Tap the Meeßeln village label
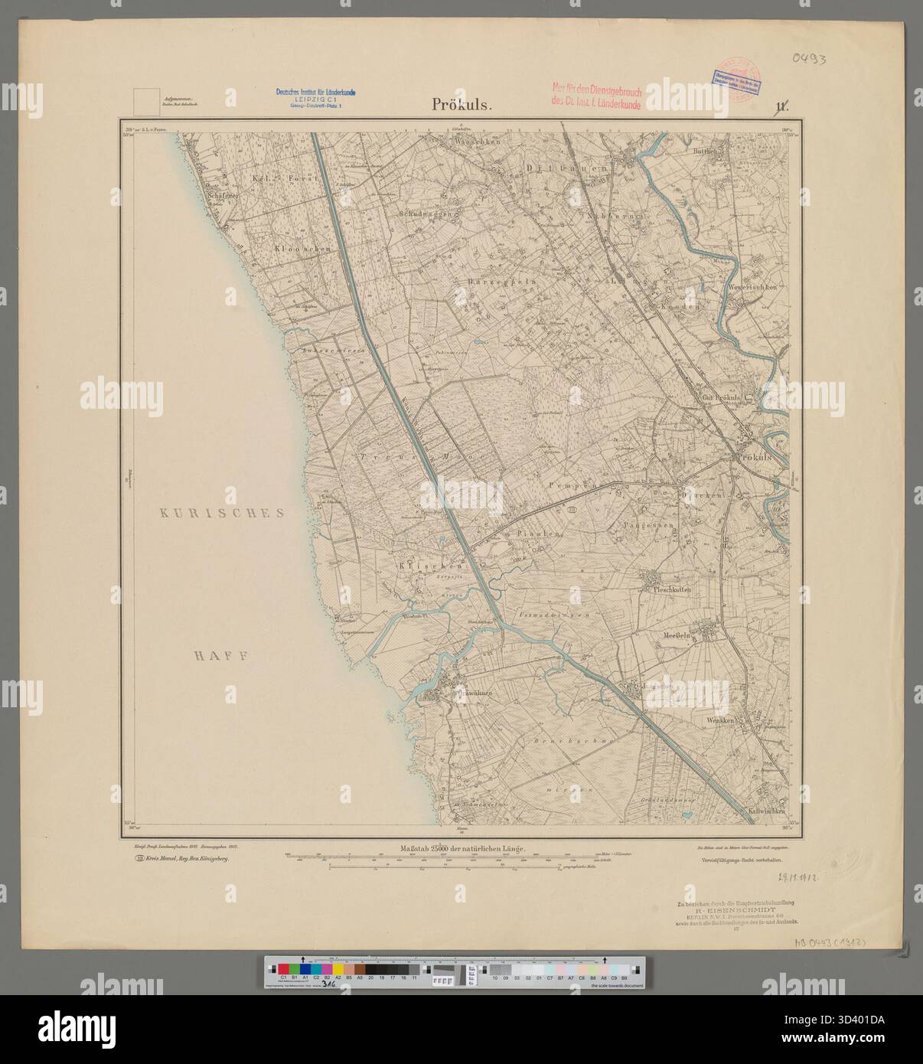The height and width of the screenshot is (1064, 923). point(678,635)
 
